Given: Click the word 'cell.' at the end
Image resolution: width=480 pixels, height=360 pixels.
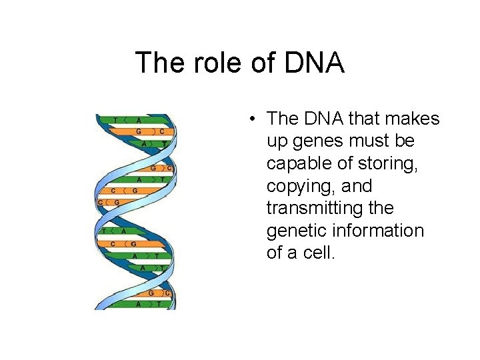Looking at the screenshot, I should [x=317, y=253].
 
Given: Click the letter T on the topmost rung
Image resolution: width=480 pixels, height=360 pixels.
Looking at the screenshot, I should [x=116, y=120].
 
